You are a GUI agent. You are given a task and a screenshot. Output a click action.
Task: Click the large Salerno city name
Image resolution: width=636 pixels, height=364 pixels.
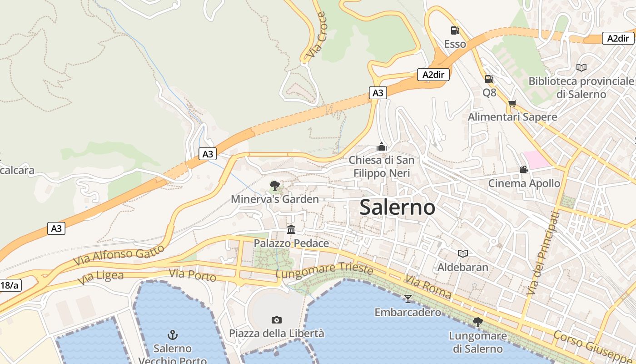click(x=397, y=207)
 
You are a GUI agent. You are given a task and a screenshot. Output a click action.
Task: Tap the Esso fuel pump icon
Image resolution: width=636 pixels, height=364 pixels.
click(x=455, y=30)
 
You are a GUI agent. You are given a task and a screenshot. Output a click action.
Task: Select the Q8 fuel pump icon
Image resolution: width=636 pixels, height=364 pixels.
click(x=489, y=79)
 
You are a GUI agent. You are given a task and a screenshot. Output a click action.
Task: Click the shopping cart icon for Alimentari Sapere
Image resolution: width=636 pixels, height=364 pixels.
click(x=512, y=104)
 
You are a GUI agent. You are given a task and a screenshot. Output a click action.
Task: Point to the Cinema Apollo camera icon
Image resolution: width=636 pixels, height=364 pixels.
click(x=524, y=170)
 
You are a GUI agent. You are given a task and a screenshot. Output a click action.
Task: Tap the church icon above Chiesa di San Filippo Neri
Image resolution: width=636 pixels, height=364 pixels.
click(x=382, y=147)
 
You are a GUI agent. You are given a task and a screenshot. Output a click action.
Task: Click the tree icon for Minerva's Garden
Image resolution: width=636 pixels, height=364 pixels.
click(x=274, y=185)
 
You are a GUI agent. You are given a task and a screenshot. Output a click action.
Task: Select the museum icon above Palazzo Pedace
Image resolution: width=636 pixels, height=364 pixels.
click(x=291, y=229)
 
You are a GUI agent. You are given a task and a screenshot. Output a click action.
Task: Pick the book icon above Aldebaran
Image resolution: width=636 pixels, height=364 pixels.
click(x=463, y=253)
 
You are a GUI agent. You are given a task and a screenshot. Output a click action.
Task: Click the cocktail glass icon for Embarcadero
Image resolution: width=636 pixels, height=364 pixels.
click(x=407, y=298)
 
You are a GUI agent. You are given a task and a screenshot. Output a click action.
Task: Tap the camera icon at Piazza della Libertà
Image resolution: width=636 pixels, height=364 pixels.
click(x=276, y=320)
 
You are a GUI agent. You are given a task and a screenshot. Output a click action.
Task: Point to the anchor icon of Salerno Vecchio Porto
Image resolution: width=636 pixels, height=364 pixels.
click(x=172, y=335)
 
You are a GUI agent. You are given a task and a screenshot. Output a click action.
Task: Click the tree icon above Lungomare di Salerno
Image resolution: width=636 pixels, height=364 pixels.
click(x=477, y=322)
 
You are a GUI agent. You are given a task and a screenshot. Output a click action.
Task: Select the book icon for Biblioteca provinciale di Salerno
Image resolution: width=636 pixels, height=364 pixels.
click(x=581, y=67)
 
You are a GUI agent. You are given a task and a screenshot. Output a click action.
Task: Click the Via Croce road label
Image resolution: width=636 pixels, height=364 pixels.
click(x=316, y=35)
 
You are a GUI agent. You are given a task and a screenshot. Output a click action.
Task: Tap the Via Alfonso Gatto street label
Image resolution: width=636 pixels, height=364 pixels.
click(x=119, y=255)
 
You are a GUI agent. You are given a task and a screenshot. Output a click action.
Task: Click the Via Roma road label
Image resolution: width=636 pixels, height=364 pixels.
click(x=428, y=287)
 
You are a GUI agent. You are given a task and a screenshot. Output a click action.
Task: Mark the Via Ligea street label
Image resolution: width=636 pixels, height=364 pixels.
click(x=100, y=278)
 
